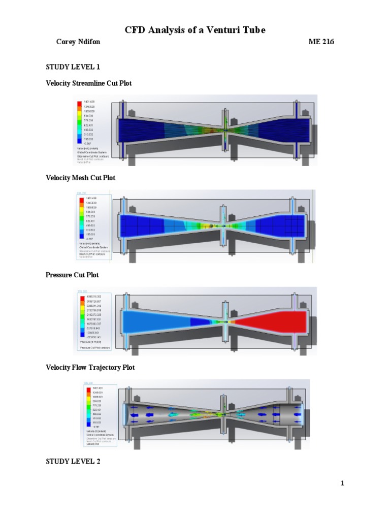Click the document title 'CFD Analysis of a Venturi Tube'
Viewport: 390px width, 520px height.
(x=195, y=31)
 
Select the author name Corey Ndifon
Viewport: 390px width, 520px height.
(x=78, y=42)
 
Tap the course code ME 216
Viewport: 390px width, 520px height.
(x=321, y=42)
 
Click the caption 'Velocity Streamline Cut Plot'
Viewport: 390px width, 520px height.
(x=88, y=83)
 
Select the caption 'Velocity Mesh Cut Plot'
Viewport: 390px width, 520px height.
(x=80, y=178)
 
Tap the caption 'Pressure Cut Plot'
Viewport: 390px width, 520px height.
(x=72, y=275)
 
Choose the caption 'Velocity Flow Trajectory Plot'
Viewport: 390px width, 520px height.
(x=90, y=367)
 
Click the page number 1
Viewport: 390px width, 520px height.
(x=342, y=483)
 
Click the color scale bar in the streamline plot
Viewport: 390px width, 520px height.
(x=79, y=122)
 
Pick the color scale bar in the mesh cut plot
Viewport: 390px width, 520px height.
(x=81, y=218)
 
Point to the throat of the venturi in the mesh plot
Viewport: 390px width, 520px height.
(x=224, y=225)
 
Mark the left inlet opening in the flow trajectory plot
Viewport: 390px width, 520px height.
(x=125, y=414)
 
